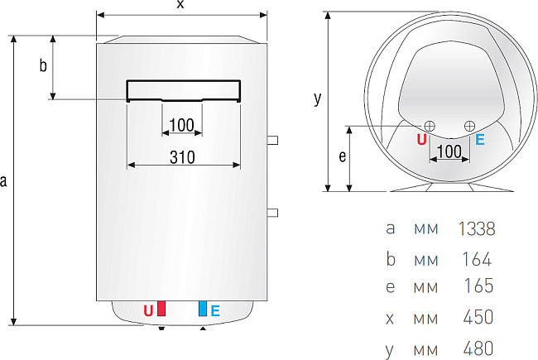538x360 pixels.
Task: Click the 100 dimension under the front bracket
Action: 180,125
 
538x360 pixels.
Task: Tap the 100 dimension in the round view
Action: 448,151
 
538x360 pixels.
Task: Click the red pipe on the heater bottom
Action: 162,310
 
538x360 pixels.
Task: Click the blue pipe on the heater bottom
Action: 201,310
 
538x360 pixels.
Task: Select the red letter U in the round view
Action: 421,140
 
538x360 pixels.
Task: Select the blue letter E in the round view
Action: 480,140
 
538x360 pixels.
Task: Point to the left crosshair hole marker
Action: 430,125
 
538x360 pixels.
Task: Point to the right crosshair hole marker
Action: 469,125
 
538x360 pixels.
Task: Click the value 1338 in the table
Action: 476,228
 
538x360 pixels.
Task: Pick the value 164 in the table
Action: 478,259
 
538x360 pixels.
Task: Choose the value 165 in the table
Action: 478,286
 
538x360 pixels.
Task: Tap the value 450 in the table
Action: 478,317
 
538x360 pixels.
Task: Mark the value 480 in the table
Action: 478,348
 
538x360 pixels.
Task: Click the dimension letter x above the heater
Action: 181,5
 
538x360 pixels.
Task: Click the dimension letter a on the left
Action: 5,180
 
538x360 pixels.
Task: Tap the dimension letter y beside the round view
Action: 317,98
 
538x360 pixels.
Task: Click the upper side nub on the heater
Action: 272,138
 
